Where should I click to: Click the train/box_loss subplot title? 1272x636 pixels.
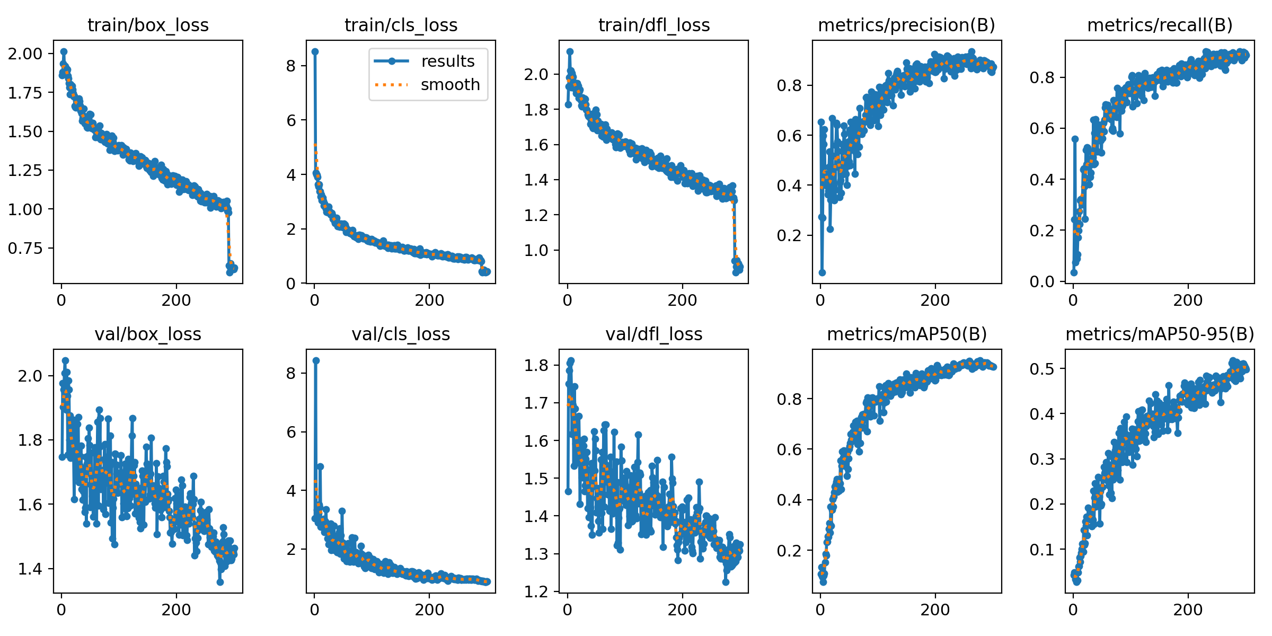pyautogui.click(x=148, y=25)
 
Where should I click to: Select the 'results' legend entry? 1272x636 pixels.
pyautogui.click(x=448, y=61)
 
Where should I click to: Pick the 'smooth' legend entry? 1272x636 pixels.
pyautogui.click(x=450, y=85)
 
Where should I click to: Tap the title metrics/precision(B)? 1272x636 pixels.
pyautogui.click(x=906, y=25)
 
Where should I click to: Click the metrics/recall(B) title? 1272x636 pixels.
pyautogui.click(x=1160, y=25)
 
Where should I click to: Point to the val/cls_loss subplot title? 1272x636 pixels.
pyautogui.click(x=401, y=334)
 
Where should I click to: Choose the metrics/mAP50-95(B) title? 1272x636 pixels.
pyautogui.click(x=1160, y=334)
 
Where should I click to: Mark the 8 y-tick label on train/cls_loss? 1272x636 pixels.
pyautogui.click(x=290, y=66)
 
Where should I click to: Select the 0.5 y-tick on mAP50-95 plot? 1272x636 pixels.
pyautogui.click(x=1041, y=368)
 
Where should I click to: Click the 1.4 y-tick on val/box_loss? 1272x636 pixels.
pyautogui.click(x=30, y=569)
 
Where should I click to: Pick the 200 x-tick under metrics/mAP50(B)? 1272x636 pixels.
pyautogui.click(x=935, y=609)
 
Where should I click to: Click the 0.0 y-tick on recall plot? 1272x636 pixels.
pyautogui.click(x=1041, y=281)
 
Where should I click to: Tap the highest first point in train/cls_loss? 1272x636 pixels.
pyautogui.click(x=315, y=51)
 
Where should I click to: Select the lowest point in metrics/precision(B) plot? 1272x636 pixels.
pyautogui.click(x=822, y=272)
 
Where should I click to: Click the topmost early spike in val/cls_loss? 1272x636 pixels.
pyautogui.click(x=316, y=360)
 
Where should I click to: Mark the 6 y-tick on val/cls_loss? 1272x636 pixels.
pyautogui.click(x=290, y=432)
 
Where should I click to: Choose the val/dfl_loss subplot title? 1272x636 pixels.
pyautogui.click(x=653, y=334)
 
